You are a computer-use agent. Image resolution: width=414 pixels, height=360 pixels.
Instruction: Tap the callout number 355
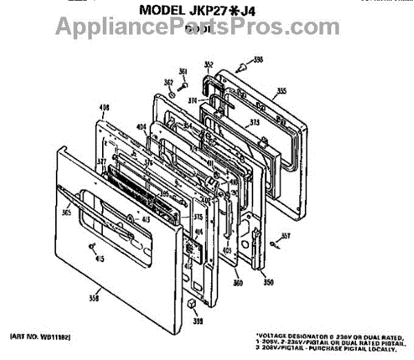[281, 90]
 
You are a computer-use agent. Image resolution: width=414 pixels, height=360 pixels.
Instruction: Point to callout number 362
[168, 83]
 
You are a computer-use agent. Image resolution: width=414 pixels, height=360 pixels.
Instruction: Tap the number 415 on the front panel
[100, 259]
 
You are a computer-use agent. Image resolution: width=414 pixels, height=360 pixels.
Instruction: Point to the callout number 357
[286, 237]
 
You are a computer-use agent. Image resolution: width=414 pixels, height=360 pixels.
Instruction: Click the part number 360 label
[238, 283]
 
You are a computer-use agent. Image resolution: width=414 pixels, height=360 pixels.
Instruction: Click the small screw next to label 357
[275, 243]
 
